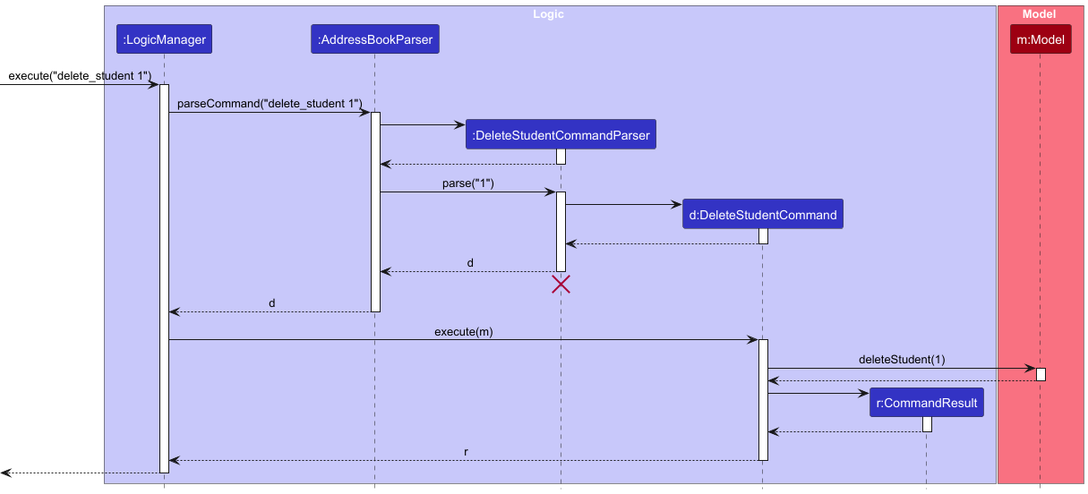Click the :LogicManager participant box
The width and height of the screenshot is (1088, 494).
pos(164,39)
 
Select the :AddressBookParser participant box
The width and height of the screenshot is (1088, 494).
pos(374,39)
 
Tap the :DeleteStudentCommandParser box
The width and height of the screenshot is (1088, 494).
pos(561,135)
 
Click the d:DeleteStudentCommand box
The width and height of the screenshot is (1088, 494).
pos(762,215)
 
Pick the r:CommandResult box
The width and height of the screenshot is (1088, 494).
pos(927,404)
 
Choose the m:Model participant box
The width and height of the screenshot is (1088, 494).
pos(1040,39)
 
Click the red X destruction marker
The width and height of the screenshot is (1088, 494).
pos(561,285)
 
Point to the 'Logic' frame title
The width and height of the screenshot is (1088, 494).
pos(548,14)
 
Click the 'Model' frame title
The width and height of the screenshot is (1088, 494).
pos(1039,14)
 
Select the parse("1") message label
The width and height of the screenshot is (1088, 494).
pos(467,183)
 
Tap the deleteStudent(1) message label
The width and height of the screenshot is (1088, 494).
pos(901,360)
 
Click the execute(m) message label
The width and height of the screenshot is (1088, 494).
pos(463,332)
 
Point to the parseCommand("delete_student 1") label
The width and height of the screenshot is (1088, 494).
pos(269,105)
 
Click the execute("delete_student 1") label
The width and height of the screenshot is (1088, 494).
pos(80,76)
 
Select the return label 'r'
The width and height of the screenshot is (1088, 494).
pos(466,452)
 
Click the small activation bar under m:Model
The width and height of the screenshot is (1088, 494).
pos(1041,374)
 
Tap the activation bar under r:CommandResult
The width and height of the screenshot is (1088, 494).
pos(927,424)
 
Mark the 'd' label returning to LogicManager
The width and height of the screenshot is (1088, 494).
pos(272,303)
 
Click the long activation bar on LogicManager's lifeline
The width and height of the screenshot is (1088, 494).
pos(164,277)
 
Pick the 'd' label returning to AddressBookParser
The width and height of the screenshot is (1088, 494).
pos(470,264)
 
